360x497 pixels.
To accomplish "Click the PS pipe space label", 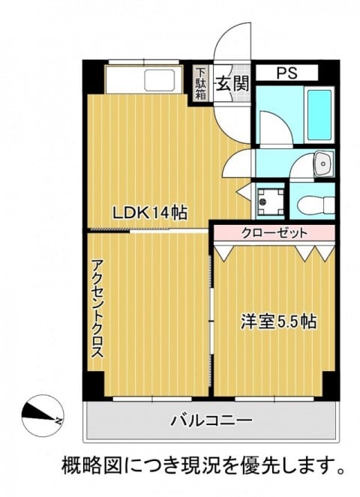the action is click(x=287, y=73).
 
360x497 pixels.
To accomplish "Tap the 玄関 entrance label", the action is click(x=232, y=84).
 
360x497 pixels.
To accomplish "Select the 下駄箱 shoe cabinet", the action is click(x=200, y=83).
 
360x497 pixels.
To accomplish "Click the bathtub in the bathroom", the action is click(x=319, y=115).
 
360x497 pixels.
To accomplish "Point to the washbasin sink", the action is click(x=323, y=164).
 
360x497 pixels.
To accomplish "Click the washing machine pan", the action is click(x=270, y=202).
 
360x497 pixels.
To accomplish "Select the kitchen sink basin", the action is click(x=160, y=80).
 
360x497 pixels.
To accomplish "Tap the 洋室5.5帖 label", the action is click(x=278, y=322).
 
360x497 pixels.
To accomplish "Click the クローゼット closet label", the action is click(x=274, y=233).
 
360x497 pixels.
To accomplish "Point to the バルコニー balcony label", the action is click(x=211, y=421).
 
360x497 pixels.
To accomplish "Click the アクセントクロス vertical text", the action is click(x=97, y=309).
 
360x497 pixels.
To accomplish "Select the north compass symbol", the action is click(x=43, y=415).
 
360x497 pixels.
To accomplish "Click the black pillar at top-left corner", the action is click(x=94, y=77).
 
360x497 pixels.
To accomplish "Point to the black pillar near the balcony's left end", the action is click(x=94, y=385).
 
